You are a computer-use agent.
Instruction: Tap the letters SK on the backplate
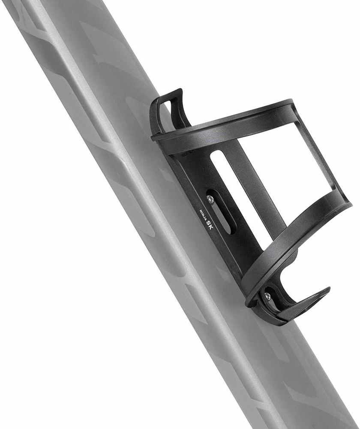click(x=209, y=224)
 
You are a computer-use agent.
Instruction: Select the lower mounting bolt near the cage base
click(x=267, y=296)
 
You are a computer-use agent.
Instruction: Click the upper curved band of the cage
click(x=223, y=124)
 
